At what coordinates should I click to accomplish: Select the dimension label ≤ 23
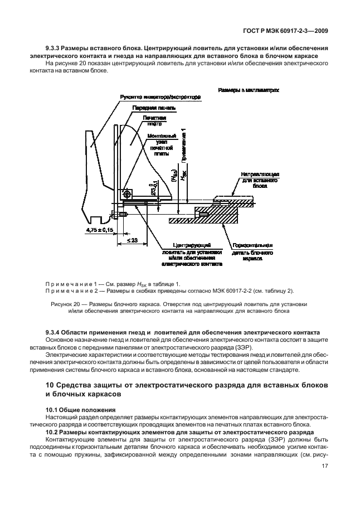pos(132,240)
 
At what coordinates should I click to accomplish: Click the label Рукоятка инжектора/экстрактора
pos(159,97)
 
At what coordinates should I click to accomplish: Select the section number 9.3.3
pos(55,49)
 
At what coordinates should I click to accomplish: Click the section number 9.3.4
pos(55,333)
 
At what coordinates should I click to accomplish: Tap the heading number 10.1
pos(52,410)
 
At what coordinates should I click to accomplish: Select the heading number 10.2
pos(52,432)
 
